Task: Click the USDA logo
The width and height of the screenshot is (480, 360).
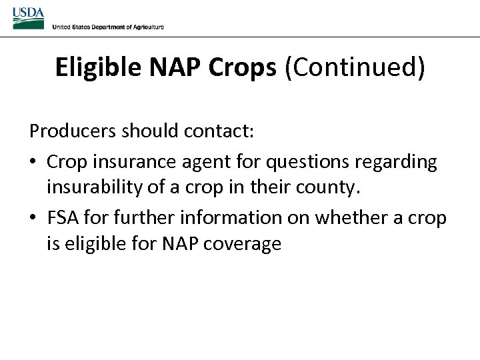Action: [x=28, y=18]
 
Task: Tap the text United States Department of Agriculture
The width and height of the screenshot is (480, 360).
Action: [x=107, y=27]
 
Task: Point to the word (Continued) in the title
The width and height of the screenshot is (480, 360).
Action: [x=355, y=68]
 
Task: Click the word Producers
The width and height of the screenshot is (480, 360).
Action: [x=73, y=131]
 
